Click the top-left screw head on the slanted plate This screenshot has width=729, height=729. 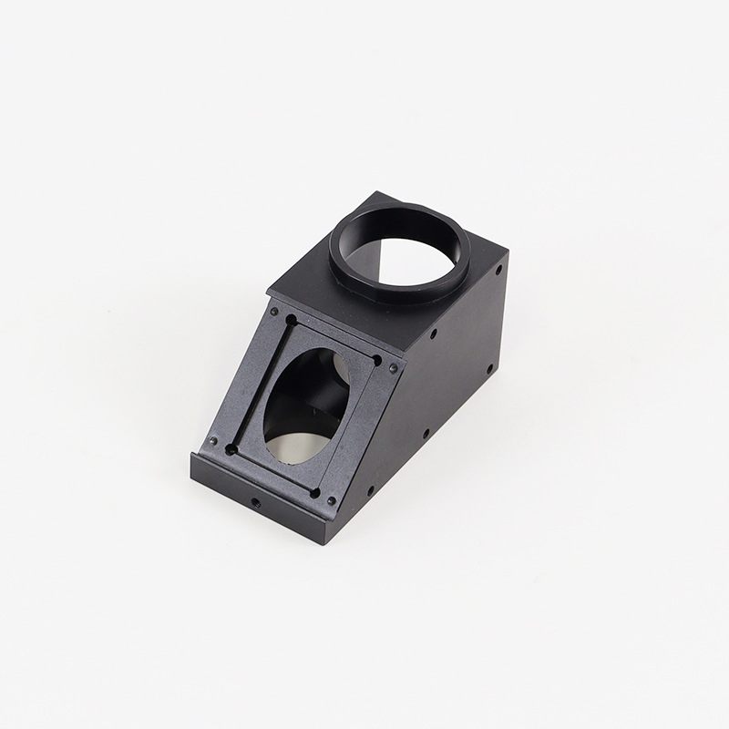(273, 310)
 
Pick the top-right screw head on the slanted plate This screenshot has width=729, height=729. (393, 368)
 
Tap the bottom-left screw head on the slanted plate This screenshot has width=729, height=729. (212, 440)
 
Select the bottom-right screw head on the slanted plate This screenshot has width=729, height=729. (331, 500)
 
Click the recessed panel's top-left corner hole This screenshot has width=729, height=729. (291, 321)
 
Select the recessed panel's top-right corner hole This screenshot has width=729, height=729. (376, 361)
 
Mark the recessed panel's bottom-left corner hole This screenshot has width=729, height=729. (231, 448)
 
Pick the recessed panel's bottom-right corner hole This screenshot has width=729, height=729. (314, 493)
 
